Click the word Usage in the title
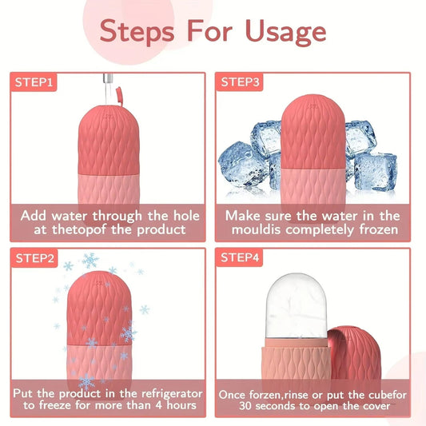pyautogui.click(x=281, y=31)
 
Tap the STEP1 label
pyautogui.click(x=34, y=82)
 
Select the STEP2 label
pyautogui.click(x=34, y=257)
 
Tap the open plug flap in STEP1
pyautogui.click(x=120, y=97)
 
